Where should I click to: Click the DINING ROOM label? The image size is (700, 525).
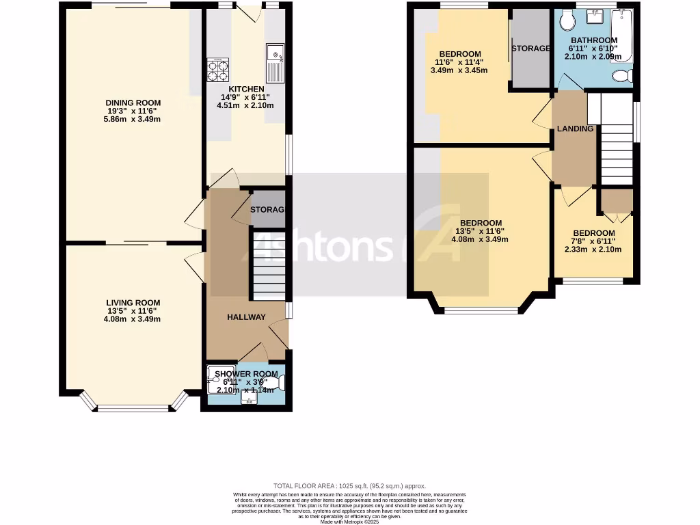click(x=133, y=103)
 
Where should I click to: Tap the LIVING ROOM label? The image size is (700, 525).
click(x=133, y=303)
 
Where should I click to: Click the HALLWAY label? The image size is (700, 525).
click(x=246, y=317)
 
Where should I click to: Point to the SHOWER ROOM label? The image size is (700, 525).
click(x=246, y=374)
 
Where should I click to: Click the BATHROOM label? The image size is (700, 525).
click(x=594, y=40)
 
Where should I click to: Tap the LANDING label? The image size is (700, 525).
click(x=575, y=129)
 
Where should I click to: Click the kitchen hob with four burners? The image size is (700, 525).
click(x=218, y=68)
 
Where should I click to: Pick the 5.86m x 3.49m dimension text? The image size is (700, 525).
click(x=133, y=120)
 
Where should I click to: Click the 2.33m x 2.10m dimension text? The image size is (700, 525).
click(x=593, y=250)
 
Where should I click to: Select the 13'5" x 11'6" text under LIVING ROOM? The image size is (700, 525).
click(x=133, y=311)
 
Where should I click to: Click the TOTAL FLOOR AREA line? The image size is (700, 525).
click(x=349, y=485)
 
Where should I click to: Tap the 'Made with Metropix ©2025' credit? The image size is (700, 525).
click(x=349, y=522)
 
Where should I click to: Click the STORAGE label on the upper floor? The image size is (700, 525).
click(x=531, y=49)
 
